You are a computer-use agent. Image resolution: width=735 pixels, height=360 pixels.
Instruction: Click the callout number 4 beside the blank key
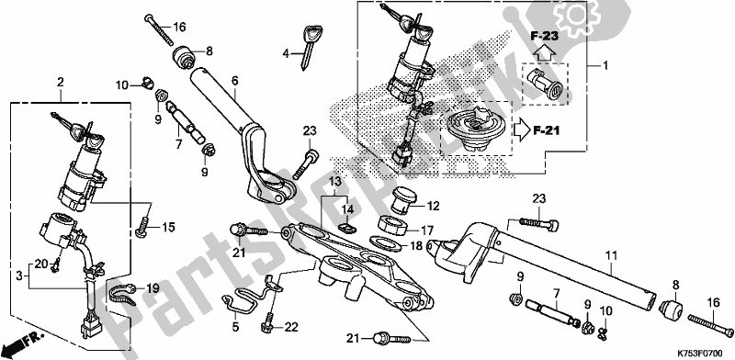286,53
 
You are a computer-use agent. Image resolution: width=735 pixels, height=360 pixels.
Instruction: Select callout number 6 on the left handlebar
234,81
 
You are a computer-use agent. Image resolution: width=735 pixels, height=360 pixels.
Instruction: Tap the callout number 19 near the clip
153,287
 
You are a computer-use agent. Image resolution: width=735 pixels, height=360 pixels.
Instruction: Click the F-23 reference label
545,34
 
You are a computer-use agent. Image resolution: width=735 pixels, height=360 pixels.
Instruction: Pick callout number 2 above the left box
60,83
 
